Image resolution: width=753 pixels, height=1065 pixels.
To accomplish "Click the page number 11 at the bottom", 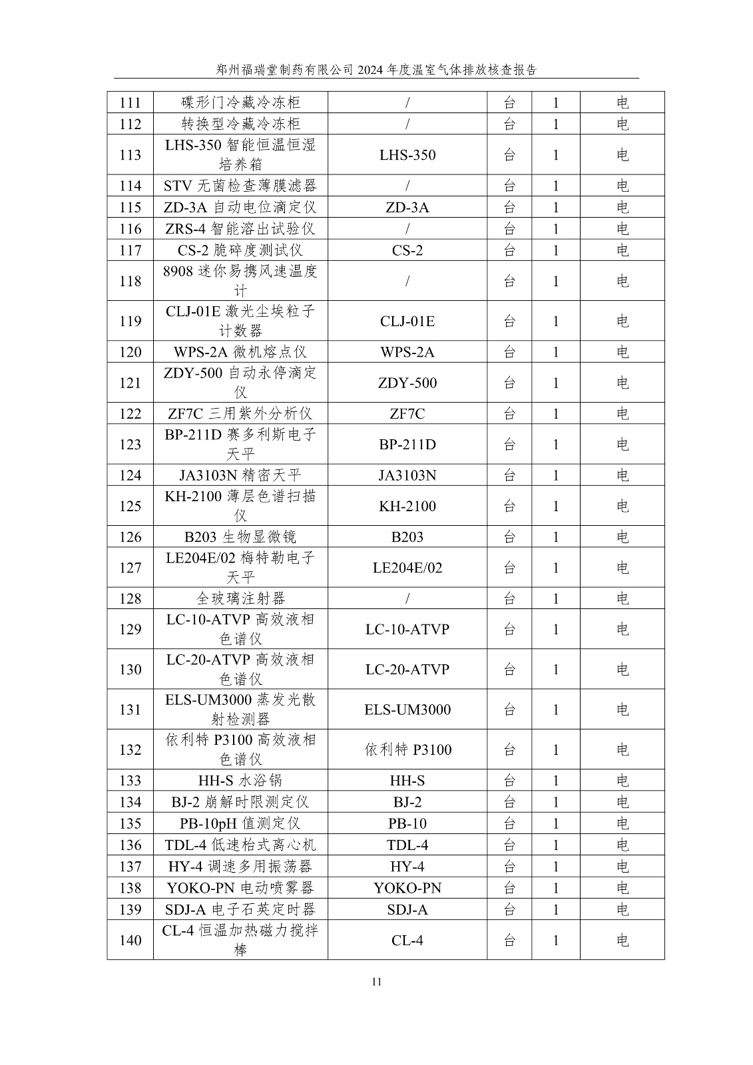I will tap(377, 982).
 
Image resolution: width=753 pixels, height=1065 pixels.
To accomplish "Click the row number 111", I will tap(130, 103).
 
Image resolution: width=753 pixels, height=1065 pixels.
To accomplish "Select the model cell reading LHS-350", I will tap(407, 155).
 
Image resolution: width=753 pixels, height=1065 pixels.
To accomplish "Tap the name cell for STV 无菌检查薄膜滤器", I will tap(240, 186).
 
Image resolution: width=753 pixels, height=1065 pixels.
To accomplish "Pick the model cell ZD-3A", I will tap(407, 208).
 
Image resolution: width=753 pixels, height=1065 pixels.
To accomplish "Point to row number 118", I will tap(130, 282).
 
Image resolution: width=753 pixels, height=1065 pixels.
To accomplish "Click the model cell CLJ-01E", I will tap(407, 321).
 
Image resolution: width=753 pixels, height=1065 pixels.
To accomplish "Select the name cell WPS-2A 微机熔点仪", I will tap(240, 352).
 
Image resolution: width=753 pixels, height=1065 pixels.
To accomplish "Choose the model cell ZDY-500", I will tap(407, 383).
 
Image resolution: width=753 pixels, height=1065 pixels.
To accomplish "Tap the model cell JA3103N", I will tap(407, 475).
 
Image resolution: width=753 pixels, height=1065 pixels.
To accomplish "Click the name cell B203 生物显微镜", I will tap(240, 537).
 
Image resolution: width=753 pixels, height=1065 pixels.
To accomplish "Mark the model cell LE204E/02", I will tap(407, 568).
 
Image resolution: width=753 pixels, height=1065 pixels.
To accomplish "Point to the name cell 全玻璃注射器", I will tap(240, 598).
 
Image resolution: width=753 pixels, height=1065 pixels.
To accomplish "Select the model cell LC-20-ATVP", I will tap(407, 670).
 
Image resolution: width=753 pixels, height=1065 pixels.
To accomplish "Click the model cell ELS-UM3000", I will tap(407, 710).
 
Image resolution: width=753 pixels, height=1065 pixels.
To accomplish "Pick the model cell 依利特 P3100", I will tap(407, 750).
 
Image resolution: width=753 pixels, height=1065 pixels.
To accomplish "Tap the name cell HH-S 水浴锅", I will tap(240, 781).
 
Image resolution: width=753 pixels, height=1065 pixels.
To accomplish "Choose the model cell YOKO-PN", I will tap(407, 888).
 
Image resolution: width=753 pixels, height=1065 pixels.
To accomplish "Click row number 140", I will tap(130, 941).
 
